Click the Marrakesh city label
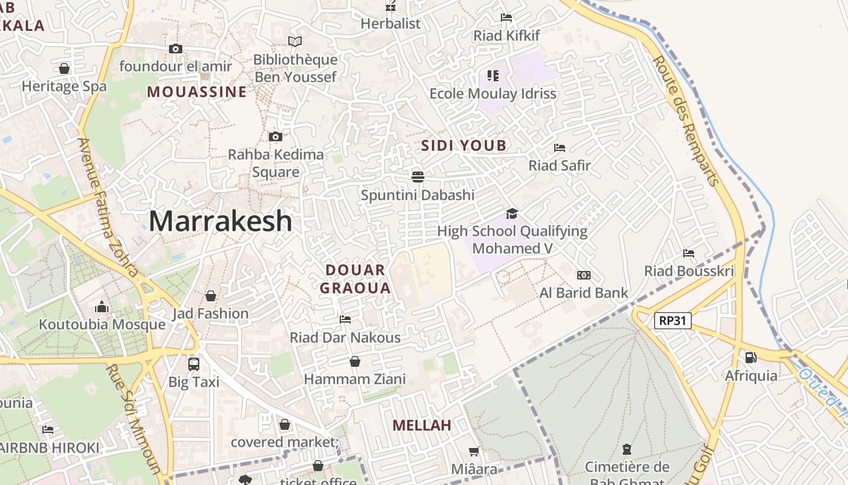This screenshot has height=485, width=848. tap(220, 221)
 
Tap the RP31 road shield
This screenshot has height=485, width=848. tap(673, 320)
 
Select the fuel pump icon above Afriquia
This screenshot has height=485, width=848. tap(751, 358)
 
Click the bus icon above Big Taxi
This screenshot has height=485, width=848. tap(194, 364)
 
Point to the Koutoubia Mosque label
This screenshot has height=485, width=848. tap(102, 324)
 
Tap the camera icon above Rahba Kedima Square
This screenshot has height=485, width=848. tap(276, 137)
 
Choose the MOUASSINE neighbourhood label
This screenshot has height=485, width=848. tap(197, 92)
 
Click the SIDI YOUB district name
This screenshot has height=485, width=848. tap(463, 145)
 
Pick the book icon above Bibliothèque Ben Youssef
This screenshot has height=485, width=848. tap(295, 42)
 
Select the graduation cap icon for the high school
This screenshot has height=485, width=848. tap(512, 213)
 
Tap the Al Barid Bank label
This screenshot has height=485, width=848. tap(584, 293)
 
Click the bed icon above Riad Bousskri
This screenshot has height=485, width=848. tap(689, 253)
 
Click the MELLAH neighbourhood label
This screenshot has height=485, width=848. tap(422, 426)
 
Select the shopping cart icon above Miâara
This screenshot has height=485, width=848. tap(474, 451)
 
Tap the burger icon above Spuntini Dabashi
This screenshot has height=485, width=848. tap(417, 176)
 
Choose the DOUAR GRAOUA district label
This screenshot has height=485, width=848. tap(356, 279)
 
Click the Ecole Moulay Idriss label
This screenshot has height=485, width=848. tap(492, 94)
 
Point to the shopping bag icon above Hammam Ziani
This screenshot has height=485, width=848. tap(355, 361)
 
